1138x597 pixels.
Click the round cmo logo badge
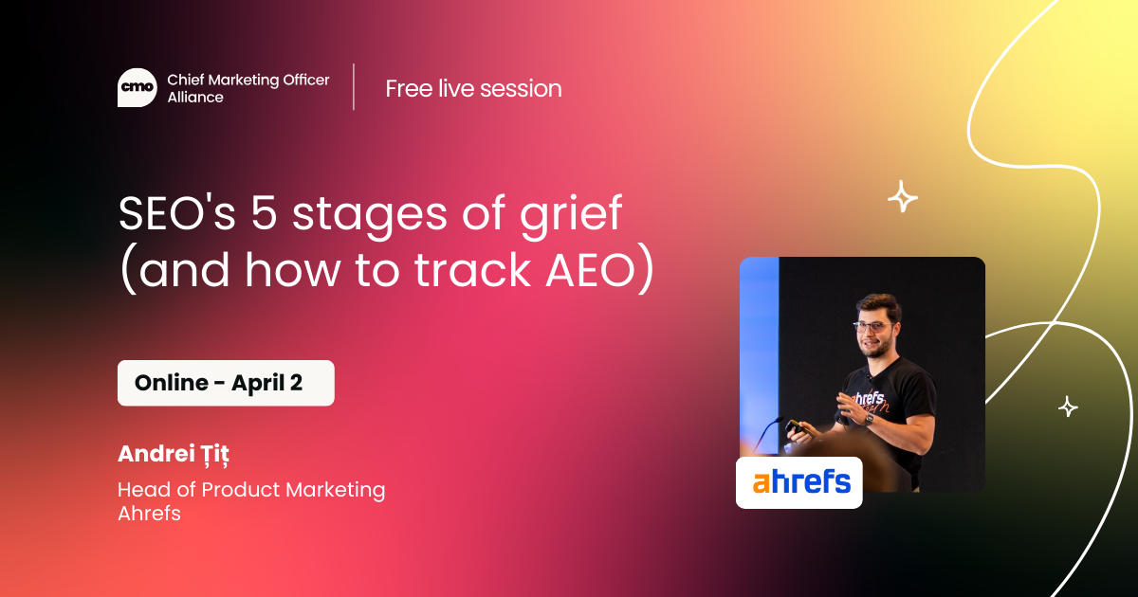(x=138, y=88)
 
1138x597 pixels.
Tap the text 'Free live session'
(x=473, y=88)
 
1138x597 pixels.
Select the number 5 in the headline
(x=265, y=212)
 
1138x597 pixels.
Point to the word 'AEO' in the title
(x=590, y=269)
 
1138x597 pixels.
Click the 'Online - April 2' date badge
(x=226, y=383)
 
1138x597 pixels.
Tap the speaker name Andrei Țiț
(x=174, y=454)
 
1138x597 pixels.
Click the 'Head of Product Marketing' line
(x=251, y=490)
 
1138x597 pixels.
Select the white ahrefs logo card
(x=798, y=482)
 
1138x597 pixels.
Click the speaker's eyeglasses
(x=873, y=326)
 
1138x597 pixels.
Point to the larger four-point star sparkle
(x=902, y=196)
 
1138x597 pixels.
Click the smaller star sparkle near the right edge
(x=1068, y=407)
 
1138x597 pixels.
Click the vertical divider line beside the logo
(x=354, y=87)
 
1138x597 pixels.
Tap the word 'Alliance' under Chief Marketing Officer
(x=195, y=97)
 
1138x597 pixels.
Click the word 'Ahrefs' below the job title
(x=149, y=514)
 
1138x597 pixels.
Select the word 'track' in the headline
(x=472, y=269)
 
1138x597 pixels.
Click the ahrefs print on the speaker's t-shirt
(x=871, y=401)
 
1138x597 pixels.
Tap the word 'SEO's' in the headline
(x=176, y=212)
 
